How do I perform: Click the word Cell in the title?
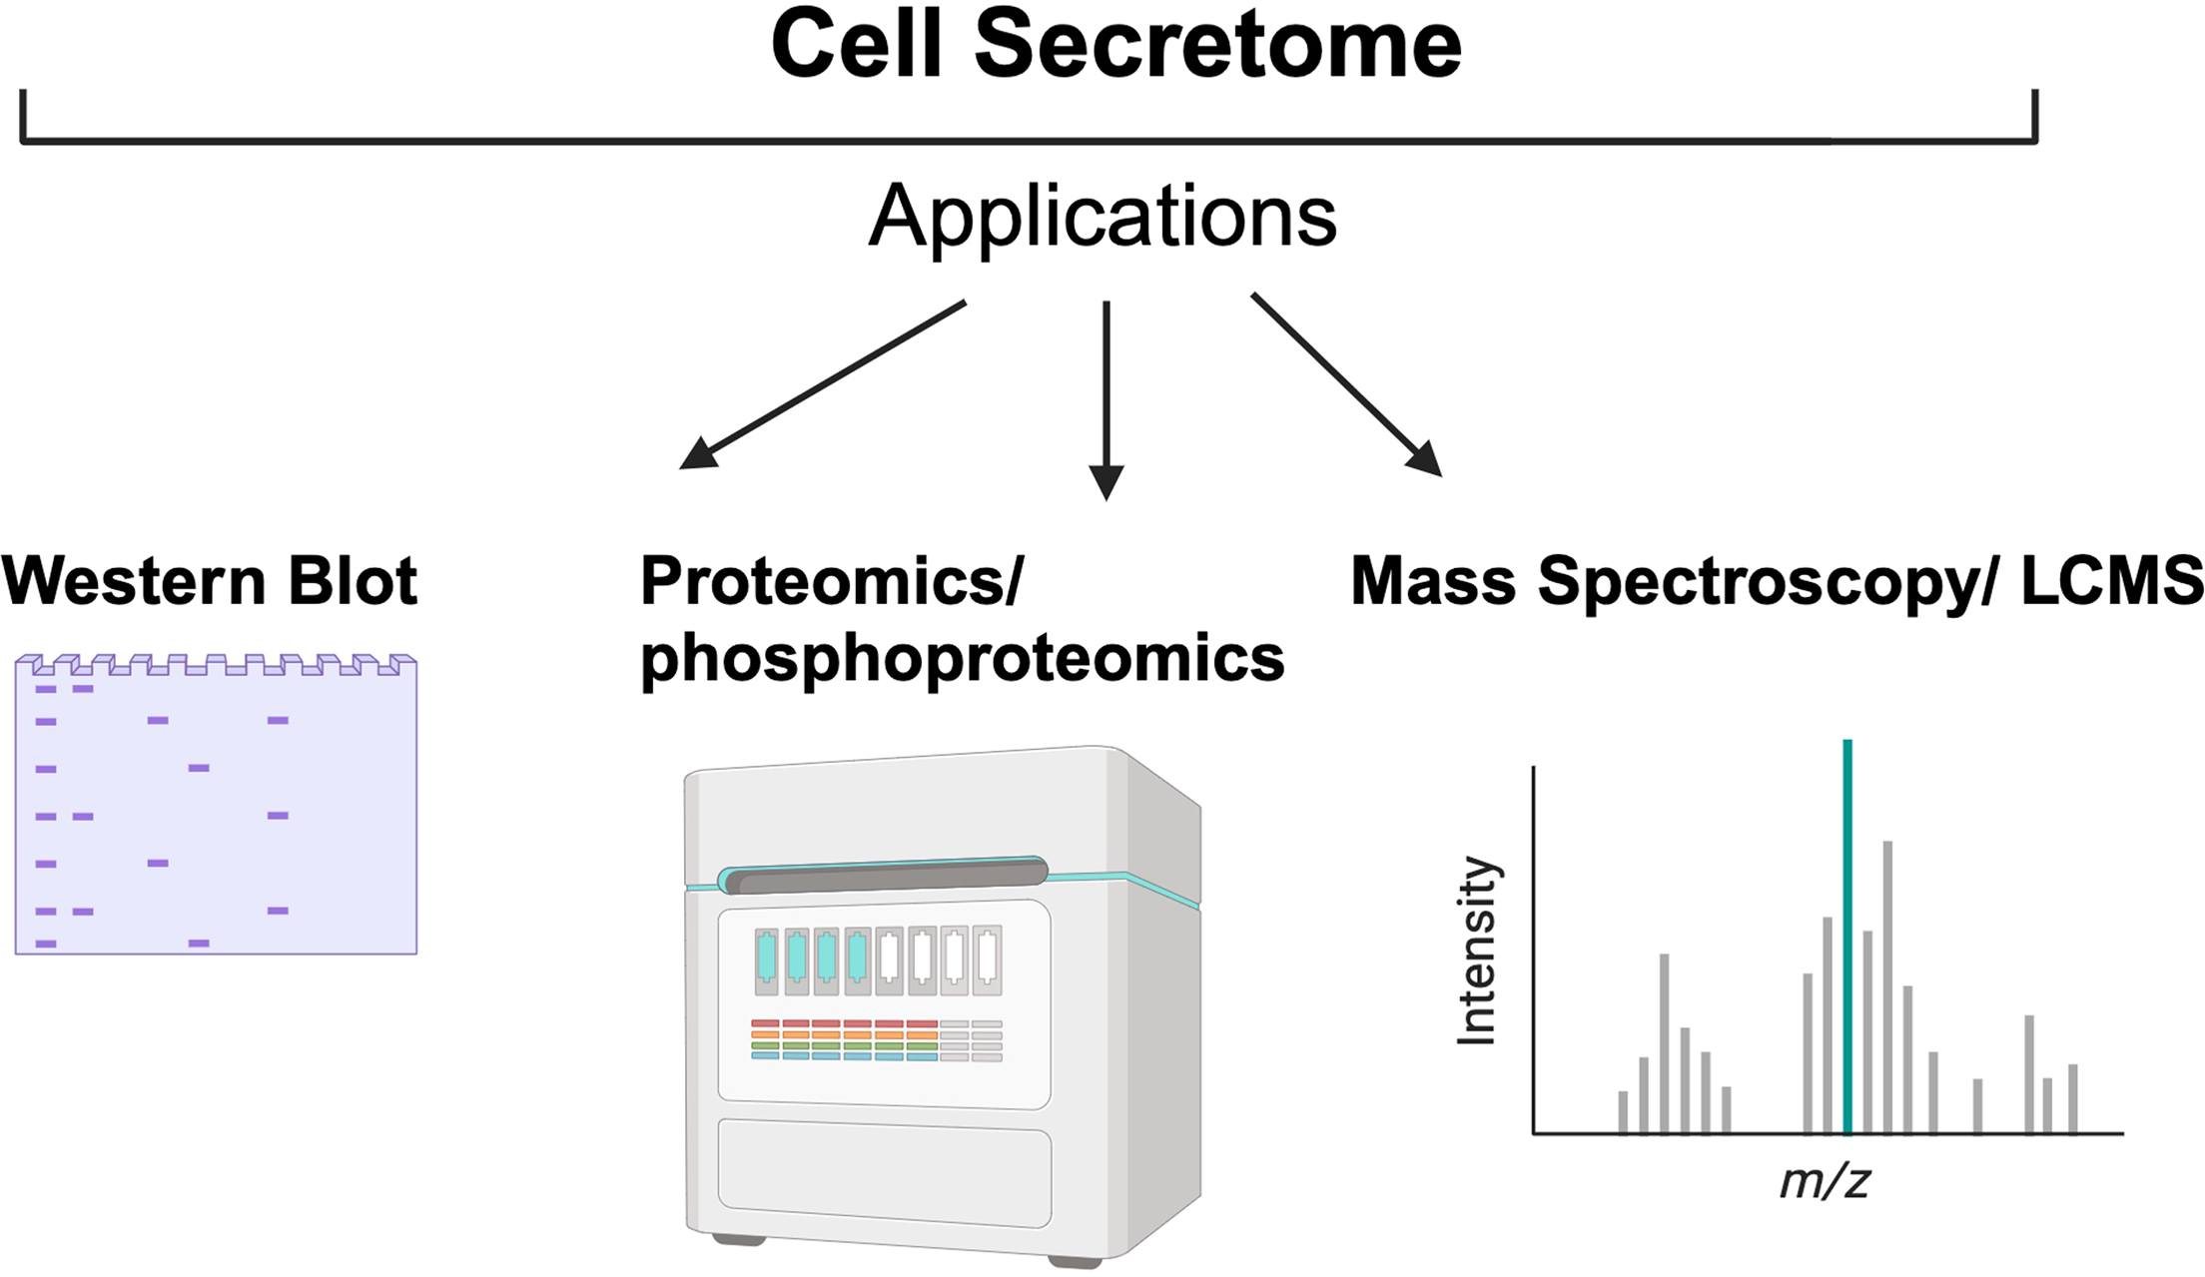(x=857, y=45)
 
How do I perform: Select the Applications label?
(x=1102, y=217)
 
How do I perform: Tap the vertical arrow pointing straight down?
(x=1106, y=399)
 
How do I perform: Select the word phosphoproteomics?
(x=962, y=659)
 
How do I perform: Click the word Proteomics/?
(x=832, y=581)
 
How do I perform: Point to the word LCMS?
(x=2111, y=581)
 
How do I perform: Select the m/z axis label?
(x=1825, y=1182)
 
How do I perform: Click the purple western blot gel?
(x=216, y=829)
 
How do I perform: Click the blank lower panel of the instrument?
(x=884, y=1174)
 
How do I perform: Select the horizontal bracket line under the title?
(x=1029, y=141)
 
